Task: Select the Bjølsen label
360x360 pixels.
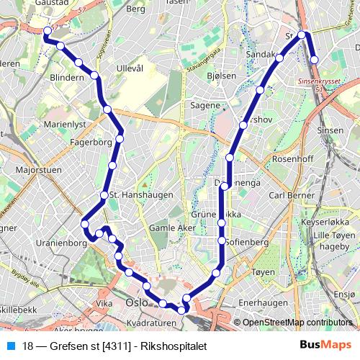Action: [x=220, y=76]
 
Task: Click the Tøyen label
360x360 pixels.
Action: [x=264, y=273]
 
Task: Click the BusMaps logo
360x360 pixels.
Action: [x=326, y=345]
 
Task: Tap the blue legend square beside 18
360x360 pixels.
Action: [x=9, y=345]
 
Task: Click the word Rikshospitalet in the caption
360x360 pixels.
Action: [x=176, y=345]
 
